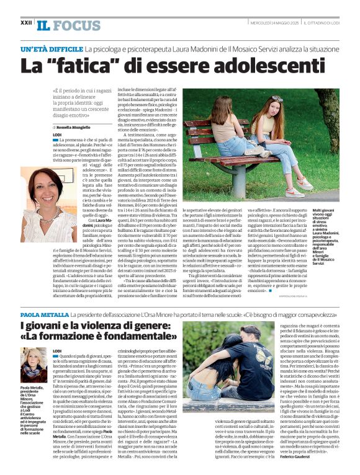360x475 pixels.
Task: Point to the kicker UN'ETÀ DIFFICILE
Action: click(x=52, y=48)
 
